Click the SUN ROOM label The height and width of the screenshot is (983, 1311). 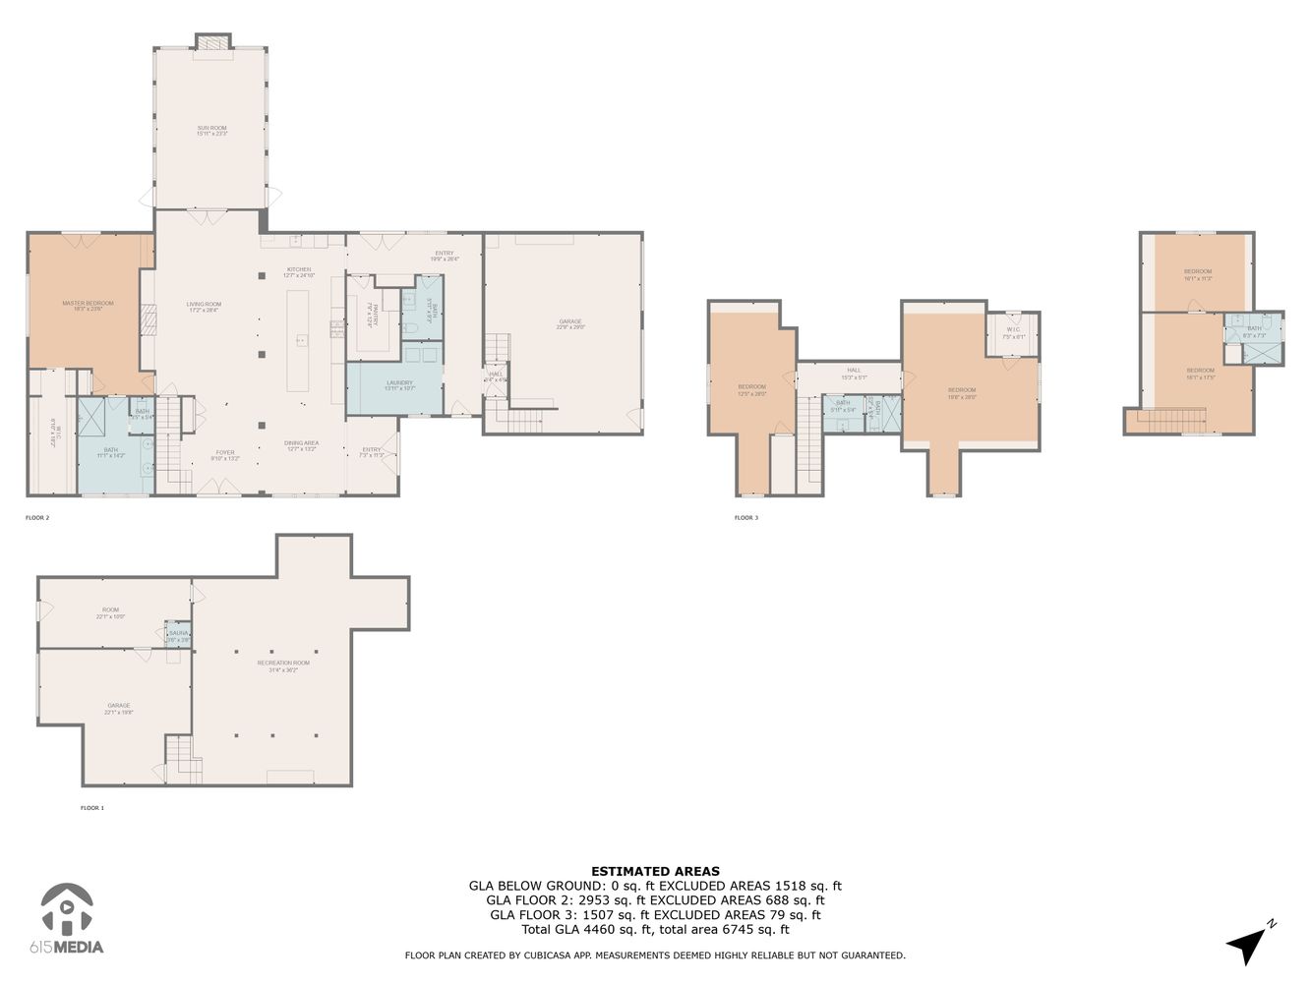211,129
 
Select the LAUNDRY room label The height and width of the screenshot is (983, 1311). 399,383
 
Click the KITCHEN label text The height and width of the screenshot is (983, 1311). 299,270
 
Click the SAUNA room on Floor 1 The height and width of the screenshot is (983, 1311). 178,635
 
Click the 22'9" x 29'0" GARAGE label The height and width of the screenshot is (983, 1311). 570,322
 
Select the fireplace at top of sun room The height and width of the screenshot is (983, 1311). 212,42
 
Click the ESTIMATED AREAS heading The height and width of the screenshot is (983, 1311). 655,871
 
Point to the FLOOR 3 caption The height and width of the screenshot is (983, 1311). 746,517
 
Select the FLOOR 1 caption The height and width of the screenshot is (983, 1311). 92,808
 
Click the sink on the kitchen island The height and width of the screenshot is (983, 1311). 303,340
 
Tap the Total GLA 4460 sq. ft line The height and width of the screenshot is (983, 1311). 655,929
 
